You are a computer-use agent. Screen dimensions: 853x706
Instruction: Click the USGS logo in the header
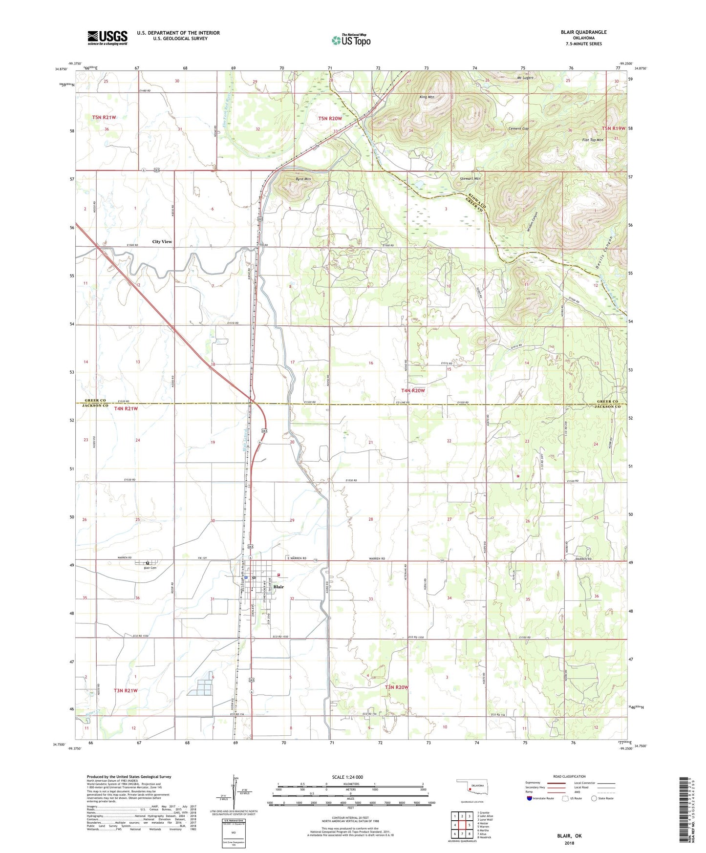pos(107,37)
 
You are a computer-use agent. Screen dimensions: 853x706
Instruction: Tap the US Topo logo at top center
pos(351,40)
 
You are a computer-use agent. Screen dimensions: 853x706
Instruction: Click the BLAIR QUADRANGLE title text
pos(583,32)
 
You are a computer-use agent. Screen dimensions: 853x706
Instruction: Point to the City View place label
pos(162,241)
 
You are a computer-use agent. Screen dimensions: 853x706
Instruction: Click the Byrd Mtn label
pos(303,179)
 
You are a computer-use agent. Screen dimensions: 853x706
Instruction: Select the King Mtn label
pos(427,97)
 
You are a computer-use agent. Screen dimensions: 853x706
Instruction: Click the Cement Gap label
pos(518,128)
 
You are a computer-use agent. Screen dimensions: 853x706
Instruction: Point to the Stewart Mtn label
pos(470,179)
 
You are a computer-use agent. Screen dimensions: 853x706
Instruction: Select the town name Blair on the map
pos(278,587)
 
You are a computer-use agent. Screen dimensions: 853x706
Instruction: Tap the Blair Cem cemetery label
pos(150,568)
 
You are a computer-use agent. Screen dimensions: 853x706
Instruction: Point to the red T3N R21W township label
pos(126,690)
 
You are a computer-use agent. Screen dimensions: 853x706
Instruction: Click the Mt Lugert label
pos(525,78)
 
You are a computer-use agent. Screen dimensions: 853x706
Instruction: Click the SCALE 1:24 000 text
pos(347,777)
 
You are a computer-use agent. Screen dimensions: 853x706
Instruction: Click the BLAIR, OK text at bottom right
pos(569,836)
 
